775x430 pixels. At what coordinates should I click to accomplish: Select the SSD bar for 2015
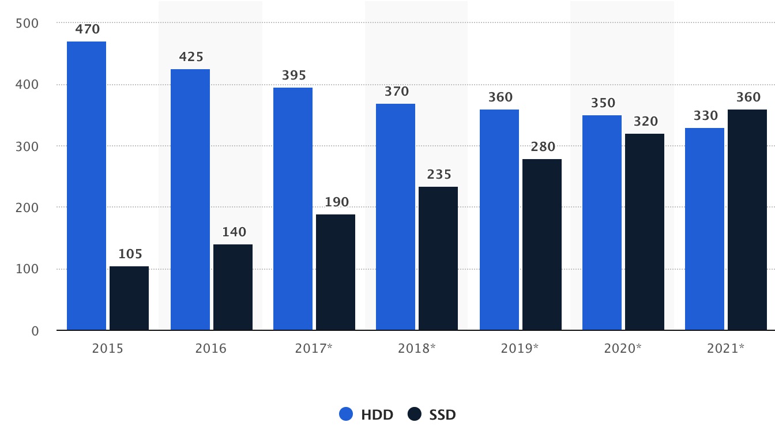(129, 298)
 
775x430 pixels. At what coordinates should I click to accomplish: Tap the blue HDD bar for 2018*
(396, 217)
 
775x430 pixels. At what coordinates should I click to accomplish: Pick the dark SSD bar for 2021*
(747, 220)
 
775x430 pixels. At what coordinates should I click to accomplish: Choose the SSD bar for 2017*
(336, 272)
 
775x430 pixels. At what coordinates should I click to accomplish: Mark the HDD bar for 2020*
(602, 222)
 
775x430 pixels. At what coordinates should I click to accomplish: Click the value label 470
(88, 29)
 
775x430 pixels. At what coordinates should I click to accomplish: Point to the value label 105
(130, 254)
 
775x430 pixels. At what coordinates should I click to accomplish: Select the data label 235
(439, 175)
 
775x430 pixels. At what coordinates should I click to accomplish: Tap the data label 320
(646, 122)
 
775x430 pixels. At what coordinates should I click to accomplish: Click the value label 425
(191, 57)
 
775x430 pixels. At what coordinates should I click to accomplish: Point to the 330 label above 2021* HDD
(706, 116)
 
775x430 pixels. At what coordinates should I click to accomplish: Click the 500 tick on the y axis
(27, 23)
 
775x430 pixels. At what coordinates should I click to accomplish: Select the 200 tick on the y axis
(27, 208)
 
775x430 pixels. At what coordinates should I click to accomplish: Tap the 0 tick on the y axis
(35, 331)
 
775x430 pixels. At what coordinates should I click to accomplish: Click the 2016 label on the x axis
(211, 349)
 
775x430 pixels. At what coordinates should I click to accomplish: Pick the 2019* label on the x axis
(520, 349)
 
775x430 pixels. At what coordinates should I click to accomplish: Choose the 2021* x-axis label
(725, 349)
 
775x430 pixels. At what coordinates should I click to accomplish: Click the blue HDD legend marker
(346, 414)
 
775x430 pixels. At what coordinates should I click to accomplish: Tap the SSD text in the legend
(442, 414)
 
